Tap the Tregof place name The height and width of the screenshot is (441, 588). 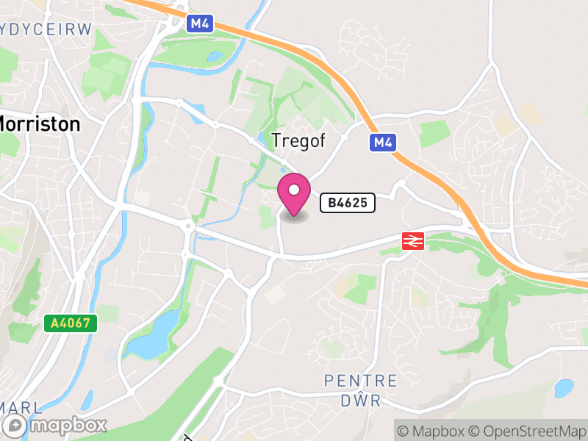pyautogui.click(x=298, y=140)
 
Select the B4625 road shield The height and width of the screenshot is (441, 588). pyautogui.click(x=348, y=202)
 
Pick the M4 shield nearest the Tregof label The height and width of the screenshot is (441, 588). pyautogui.click(x=381, y=142)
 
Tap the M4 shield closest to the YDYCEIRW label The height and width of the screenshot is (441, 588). pyautogui.click(x=199, y=24)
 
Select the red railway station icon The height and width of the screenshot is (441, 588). pyautogui.click(x=412, y=240)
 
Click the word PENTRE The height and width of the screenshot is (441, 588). pyautogui.click(x=361, y=381)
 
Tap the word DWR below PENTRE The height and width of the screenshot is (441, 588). pyautogui.click(x=360, y=401)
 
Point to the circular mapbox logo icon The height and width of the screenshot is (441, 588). pyautogui.click(x=15, y=425)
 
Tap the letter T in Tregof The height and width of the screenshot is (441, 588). pyautogui.click(x=276, y=140)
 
